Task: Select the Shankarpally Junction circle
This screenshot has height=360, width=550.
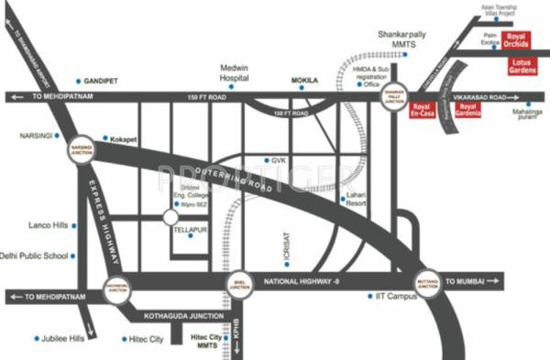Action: (394, 95)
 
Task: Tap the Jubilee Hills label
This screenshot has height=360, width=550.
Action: (64, 339)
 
